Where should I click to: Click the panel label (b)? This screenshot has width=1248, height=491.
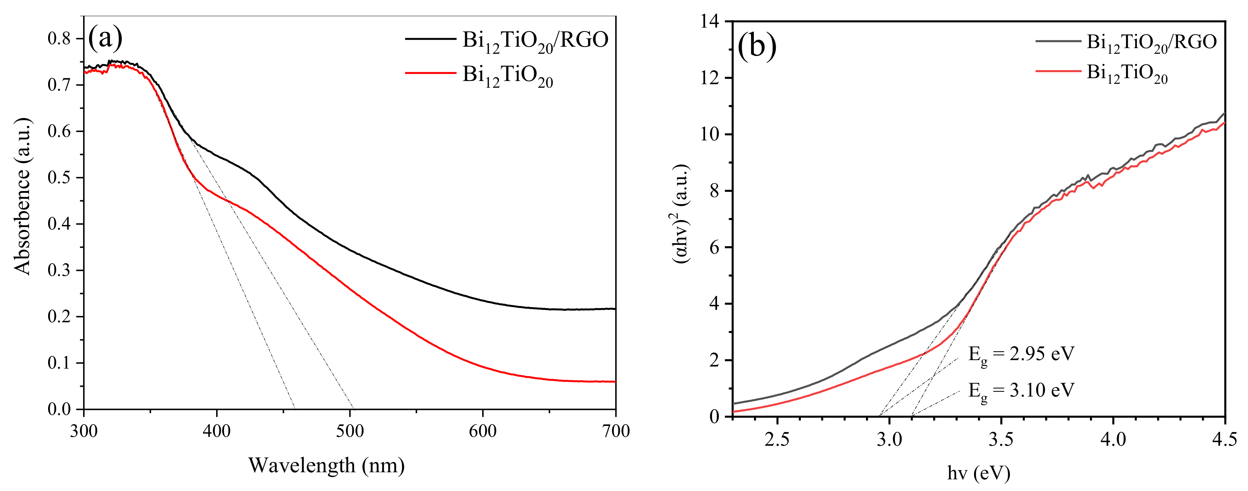tap(757, 47)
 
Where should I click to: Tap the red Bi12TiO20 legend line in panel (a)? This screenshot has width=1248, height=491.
tap(430, 73)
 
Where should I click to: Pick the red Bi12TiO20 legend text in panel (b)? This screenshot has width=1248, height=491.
tap(1127, 73)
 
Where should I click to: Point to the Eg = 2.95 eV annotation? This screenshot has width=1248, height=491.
tap(1021, 354)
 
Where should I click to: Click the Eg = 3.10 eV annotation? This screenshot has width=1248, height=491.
tap(1021, 390)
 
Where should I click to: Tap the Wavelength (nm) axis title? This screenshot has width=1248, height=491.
tap(327, 465)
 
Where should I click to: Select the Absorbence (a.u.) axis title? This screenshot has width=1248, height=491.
tap(23, 196)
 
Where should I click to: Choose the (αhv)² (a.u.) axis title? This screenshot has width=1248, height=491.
tap(681, 214)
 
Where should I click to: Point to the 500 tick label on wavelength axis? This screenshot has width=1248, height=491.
tap(349, 431)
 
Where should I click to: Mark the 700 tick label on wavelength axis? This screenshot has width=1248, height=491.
tap(615, 431)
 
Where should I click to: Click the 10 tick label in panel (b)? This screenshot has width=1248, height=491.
tap(709, 134)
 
